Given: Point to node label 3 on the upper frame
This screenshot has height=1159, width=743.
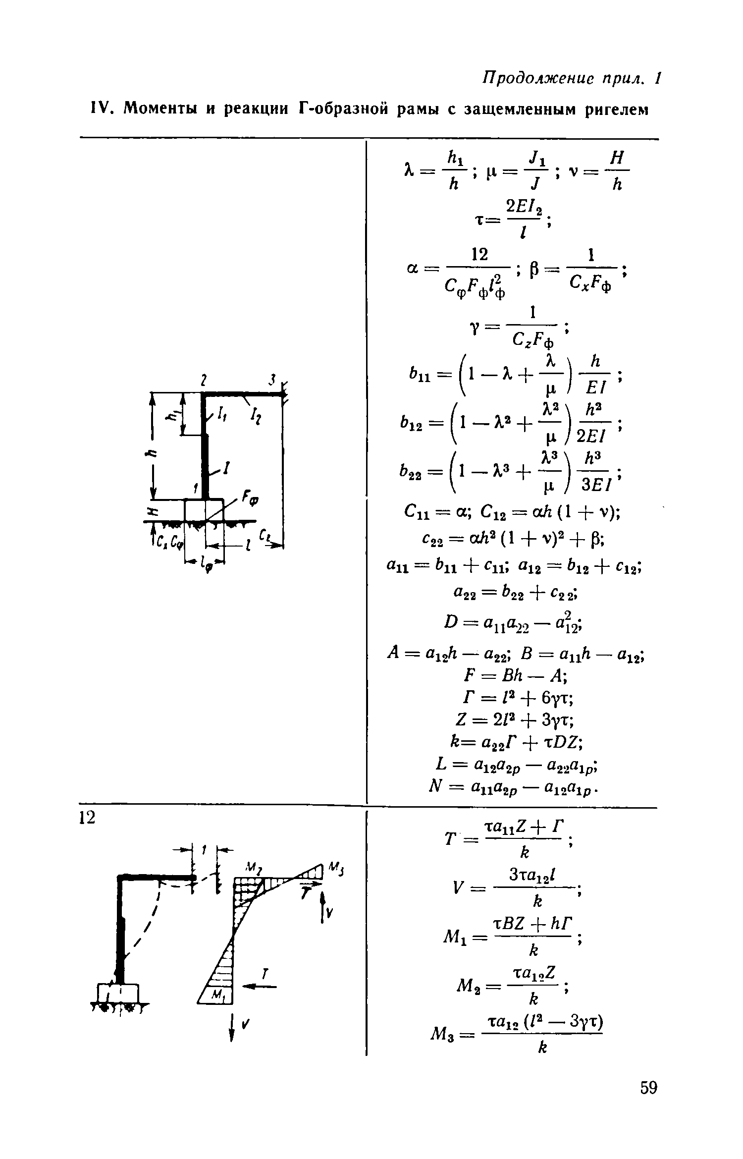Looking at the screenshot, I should (x=272, y=380).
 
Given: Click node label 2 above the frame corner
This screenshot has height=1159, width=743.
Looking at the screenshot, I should (x=203, y=381).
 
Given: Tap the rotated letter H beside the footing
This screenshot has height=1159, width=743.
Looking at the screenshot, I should (x=152, y=511).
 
